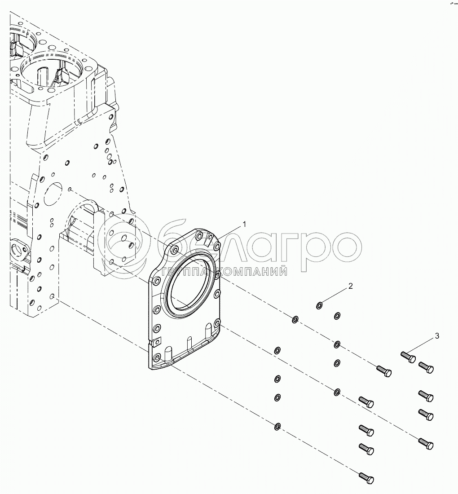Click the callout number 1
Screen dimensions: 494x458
244,223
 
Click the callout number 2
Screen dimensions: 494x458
351,286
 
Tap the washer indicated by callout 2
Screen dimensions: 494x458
319,306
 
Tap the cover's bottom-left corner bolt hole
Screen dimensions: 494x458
157,357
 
